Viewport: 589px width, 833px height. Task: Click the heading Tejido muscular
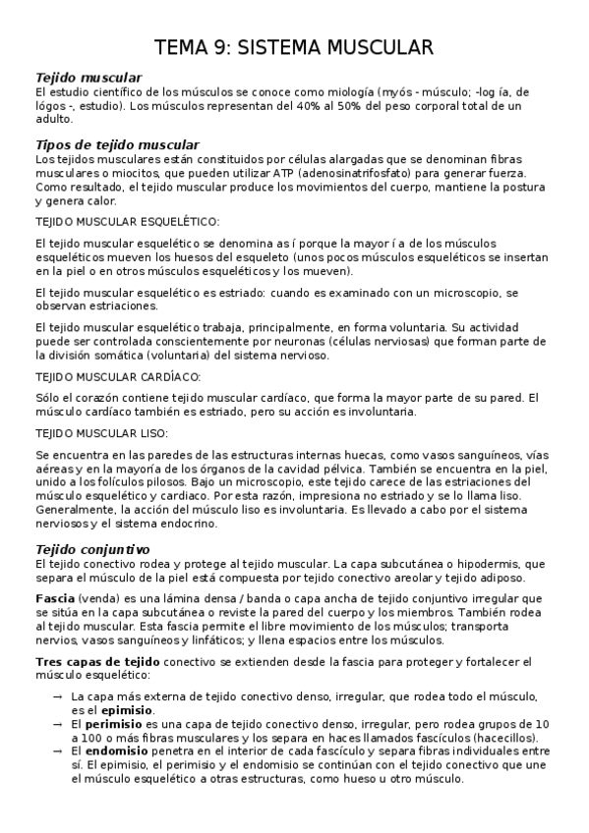point(88,77)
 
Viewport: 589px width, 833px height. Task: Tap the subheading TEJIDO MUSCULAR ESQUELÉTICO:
point(128,222)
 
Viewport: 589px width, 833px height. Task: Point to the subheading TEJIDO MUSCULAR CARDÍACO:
point(118,376)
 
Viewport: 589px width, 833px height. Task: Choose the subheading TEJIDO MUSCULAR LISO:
point(101,433)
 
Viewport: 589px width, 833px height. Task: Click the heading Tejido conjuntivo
point(92,549)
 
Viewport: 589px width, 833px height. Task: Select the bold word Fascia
point(53,598)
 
